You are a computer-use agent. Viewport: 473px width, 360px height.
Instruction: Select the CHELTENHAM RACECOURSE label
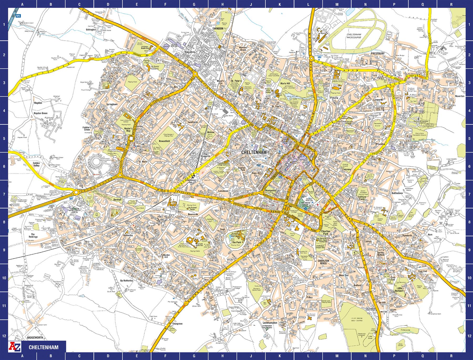(x=354, y=36)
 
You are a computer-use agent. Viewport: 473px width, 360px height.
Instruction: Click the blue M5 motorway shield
(x=18, y=16)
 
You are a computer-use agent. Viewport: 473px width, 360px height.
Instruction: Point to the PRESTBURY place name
(x=378, y=54)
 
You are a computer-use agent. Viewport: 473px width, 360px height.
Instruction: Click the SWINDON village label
(x=218, y=28)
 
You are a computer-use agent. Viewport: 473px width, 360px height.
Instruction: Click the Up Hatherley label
(x=127, y=281)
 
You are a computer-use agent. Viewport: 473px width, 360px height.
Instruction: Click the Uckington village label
(x=91, y=30)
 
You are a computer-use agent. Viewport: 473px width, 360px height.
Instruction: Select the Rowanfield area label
(x=164, y=141)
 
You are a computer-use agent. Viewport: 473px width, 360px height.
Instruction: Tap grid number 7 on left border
(x=4, y=194)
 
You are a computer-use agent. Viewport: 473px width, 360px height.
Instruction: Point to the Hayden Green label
(x=40, y=113)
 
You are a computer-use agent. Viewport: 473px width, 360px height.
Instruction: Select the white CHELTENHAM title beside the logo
(x=43, y=347)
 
